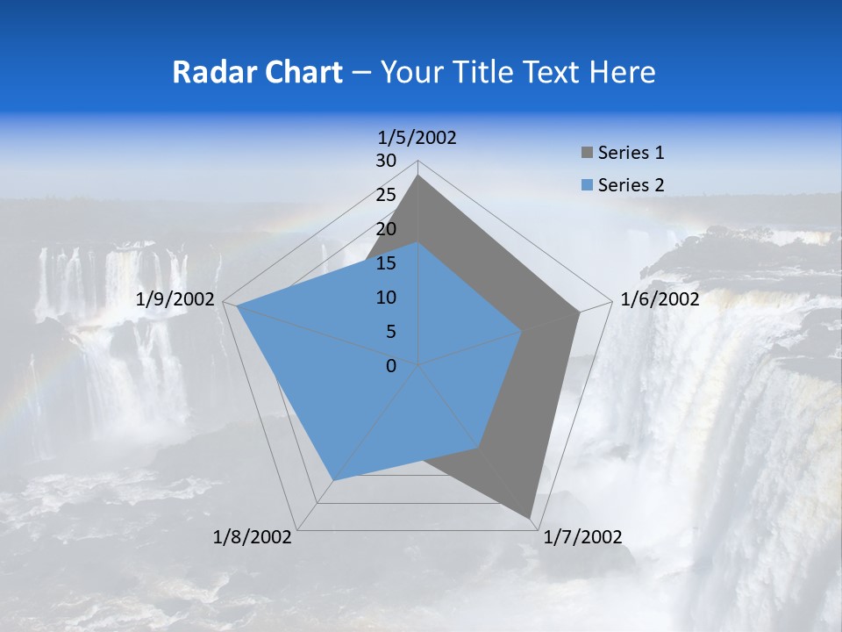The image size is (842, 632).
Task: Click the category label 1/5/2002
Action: point(417,137)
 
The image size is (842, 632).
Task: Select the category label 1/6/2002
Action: point(660,299)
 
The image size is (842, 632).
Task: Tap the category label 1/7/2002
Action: point(582,537)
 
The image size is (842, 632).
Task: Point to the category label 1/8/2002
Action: point(253,537)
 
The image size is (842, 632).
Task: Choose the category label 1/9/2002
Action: point(175,299)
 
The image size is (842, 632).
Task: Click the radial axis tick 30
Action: point(386,161)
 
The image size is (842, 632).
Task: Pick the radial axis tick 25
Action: point(386,195)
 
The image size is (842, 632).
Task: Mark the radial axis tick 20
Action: point(386,229)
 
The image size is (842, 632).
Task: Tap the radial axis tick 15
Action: point(386,263)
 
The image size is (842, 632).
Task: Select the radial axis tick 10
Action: point(386,298)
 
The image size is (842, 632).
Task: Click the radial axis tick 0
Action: point(391,366)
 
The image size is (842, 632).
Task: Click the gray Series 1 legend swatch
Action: point(587,153)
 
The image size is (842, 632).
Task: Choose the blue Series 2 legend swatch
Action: point(587,184)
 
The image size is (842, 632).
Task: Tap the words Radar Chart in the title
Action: point(257,72)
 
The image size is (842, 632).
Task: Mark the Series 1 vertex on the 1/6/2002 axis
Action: point(579,312)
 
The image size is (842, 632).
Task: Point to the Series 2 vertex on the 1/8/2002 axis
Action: point(332,480)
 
